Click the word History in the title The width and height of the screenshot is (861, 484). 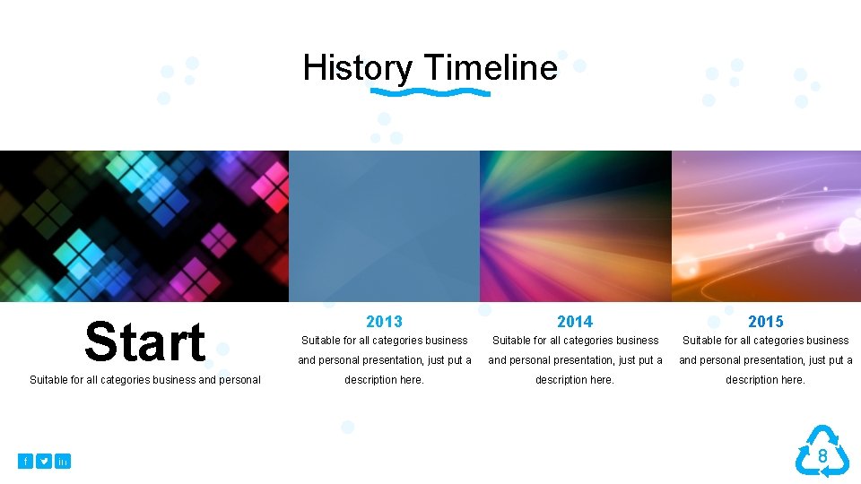coord(357,68)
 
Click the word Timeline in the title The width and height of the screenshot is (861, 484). coord(491,68)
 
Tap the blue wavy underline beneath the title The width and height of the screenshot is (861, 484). coord(430,92)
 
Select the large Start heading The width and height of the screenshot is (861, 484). coord(144,342)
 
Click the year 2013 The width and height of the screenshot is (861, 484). coord(384,321)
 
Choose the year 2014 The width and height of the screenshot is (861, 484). coord(575,321)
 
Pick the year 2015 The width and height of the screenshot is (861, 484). coord(765,321)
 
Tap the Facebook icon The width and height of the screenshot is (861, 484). coord(25,461)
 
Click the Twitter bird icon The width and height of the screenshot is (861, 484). coord(44,461)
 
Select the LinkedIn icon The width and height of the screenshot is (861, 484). coord(63,461)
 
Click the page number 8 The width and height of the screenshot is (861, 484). coord(822,457)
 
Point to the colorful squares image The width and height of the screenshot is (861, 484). coord(144,226)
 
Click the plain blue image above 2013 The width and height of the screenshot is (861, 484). coord(384,226)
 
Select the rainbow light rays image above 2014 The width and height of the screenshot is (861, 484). coord(575,226)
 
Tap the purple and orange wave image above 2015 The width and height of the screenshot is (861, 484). coord(766,226)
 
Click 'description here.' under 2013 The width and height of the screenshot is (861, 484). coord(384,380)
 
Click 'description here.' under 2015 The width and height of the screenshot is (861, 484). coord(765,380)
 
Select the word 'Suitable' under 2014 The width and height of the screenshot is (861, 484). coord(512,341)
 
